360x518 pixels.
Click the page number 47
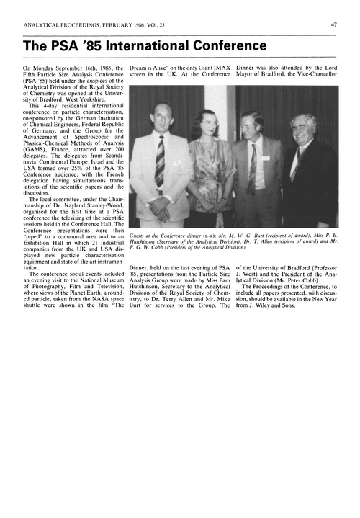[x=334, y=24]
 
